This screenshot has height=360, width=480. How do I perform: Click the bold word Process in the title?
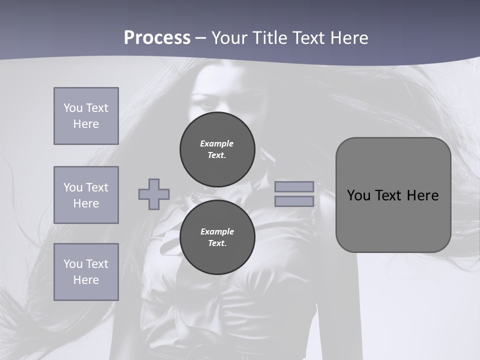[157, 37]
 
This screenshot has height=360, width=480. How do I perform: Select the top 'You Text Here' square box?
[86, 116]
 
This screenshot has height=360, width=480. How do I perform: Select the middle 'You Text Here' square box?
[86, 195]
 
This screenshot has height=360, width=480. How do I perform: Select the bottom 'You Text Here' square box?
[86, 272]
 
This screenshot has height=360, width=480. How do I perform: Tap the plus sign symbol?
[154, 194]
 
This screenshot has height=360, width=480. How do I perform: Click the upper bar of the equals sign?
[294, 186]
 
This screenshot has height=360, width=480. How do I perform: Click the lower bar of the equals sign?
[294, 201]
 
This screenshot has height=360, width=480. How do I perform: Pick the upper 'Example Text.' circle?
[217, 149]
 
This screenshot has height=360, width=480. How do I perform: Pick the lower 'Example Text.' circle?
[217, 237]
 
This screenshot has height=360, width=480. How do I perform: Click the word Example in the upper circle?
[217, 143]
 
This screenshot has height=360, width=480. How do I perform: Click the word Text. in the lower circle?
[217, 243]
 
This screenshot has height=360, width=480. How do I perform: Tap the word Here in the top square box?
[86, 124]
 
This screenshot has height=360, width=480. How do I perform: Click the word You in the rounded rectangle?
[358, 195]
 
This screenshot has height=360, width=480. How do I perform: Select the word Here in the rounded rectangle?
[422, 195]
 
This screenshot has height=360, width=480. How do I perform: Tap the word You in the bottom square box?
[72, 264]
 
